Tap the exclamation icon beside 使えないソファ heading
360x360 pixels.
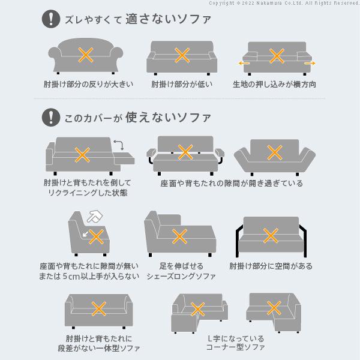click(50, 116)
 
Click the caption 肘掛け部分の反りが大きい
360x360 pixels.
click(88, 84)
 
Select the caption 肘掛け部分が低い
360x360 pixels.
click(182, 84)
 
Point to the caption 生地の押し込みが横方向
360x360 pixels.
click(275, 84)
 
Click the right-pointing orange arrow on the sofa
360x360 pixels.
click(309, 62)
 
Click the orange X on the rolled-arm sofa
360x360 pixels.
click(86, 56)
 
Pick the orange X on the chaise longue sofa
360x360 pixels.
click(179, 236)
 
